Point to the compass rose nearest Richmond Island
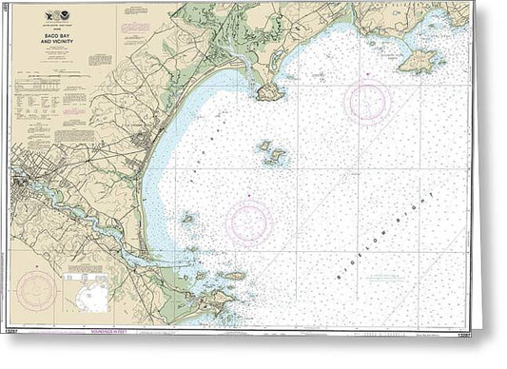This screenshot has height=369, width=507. (367, 102)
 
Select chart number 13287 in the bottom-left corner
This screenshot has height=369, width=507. (16, 334)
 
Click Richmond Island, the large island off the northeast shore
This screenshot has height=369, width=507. (419, 63)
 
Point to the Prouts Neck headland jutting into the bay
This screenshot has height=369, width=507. (267, 91)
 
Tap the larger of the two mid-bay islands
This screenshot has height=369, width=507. (276, 158)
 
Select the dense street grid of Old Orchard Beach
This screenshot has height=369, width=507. (145, 143)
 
